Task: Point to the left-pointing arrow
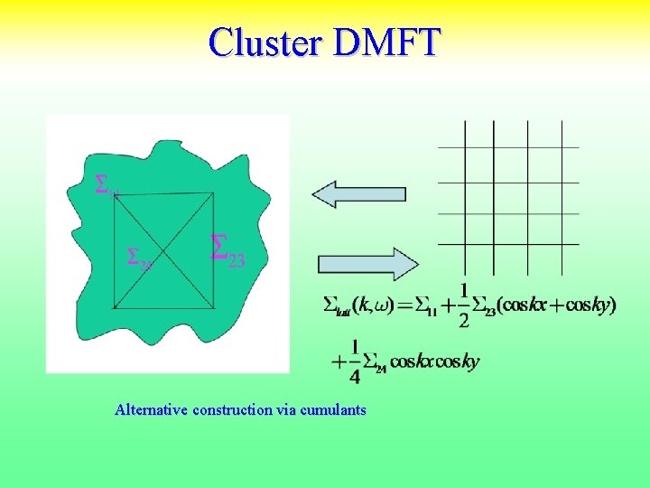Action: (358, 193)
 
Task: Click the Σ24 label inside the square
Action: (138, 259)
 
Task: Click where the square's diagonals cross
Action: (163, 251)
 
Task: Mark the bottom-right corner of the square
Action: (214, 309)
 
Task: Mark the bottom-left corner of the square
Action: (113, 309)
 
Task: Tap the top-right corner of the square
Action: (214, 192)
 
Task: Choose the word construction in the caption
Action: (241, 410)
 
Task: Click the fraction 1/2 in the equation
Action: (464, 305)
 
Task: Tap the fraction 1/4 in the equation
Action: (355, 361)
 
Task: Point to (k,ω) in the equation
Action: (372, 305)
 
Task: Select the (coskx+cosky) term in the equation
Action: (557, 305)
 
